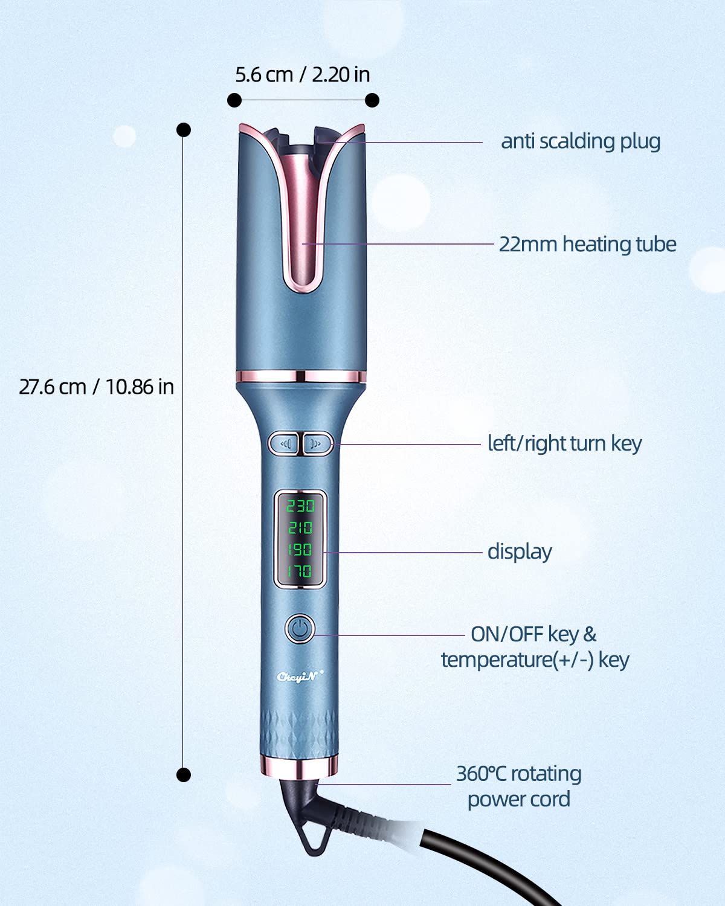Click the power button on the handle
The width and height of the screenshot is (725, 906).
pyautogui.click(x=300, y=629)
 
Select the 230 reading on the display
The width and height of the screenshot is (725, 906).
pyautogui.click(x=300, y=506)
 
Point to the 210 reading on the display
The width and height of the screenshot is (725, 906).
pyautogui.click(x=300, y=528)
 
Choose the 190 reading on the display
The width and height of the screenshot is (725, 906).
pyautogui.click(x=300, y=550)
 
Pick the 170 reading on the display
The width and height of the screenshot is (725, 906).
pyautogui.click(x=300, y=571)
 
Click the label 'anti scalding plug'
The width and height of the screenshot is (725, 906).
pyautogui.click(x=581, y=141)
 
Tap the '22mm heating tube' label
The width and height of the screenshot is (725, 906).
pyautogui.click(x=587, y=244)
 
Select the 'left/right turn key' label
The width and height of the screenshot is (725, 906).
pyautogui.click(x=564, y=443)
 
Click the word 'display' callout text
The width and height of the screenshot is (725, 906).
pyautogui.click(x=520, y=551)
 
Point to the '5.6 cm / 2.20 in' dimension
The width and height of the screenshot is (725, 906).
pyautogui.click(x=302, y=74)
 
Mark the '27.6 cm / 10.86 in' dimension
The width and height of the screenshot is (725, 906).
pyautogui.click(x=96, y=387)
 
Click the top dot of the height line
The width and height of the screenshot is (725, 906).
pyautogui.click(x=184, y=130)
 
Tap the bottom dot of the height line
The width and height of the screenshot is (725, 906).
pyautogui.click(x=184, y=774)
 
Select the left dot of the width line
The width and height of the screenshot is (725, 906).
pyautogui.click(x=234, y=100)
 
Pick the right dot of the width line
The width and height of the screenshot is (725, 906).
pyautogui.click(x=372, y=100)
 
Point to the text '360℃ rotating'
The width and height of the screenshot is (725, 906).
pyautogui.click(x=518, y=774)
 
